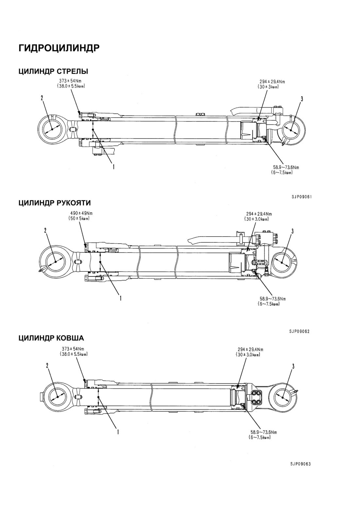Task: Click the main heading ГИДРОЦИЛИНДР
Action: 59,48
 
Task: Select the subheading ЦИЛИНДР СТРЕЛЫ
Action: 53,71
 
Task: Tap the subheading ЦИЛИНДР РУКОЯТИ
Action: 55,203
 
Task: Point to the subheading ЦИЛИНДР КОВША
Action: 51,338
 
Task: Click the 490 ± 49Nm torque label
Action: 82,214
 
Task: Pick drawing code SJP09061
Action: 301,197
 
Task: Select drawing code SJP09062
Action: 299,332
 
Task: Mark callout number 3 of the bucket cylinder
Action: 293,366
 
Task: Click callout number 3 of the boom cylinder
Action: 302,99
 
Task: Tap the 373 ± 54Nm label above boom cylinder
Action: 71,81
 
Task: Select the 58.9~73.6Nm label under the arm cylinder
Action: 273,299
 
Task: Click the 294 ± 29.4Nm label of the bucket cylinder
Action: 250,350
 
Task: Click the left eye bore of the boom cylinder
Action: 52,129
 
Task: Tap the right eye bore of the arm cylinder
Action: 282,262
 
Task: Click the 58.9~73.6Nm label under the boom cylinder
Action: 286,168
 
